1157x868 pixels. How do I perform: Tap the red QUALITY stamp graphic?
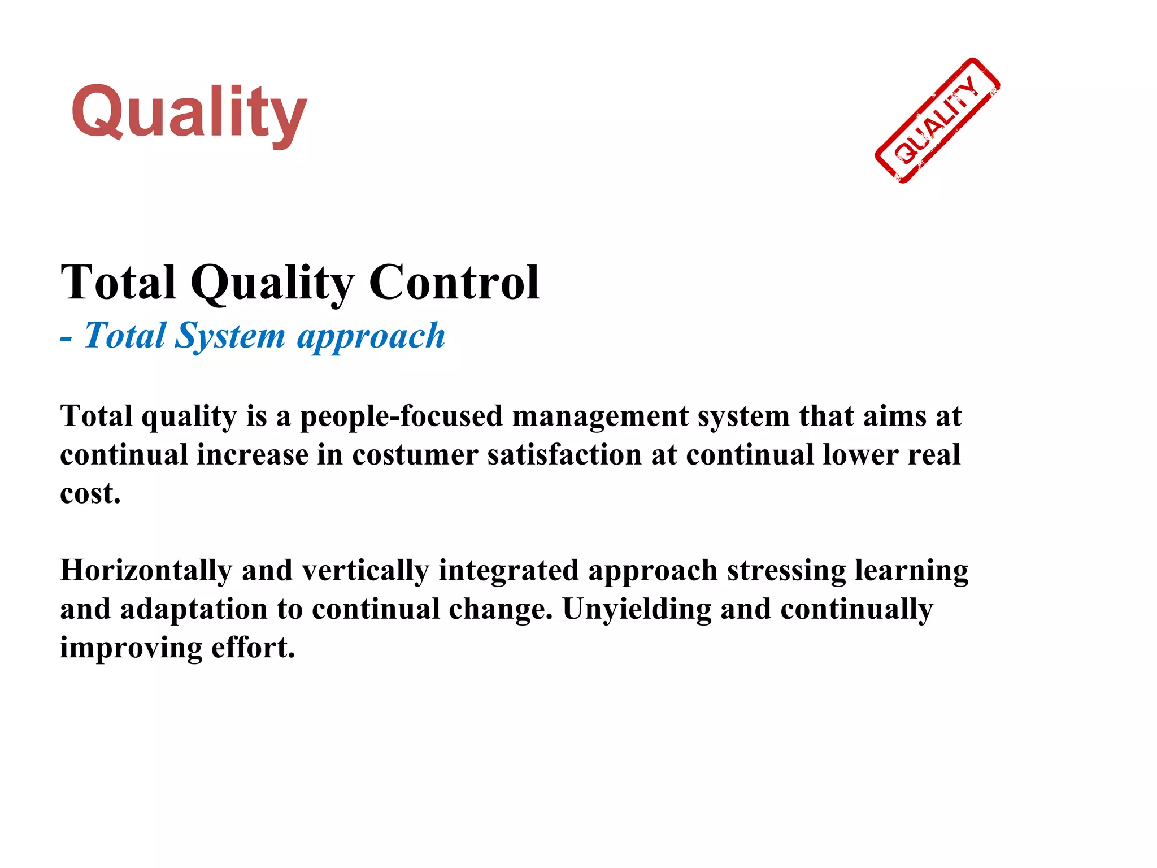point(937,120)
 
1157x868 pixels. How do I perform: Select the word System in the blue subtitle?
point(230,336)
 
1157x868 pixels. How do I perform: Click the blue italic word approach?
point(371,336)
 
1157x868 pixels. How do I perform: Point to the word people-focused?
point(401,416)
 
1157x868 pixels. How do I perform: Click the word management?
point(600,416)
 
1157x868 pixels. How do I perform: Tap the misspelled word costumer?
point(415,455)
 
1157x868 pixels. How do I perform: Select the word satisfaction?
point(564,455)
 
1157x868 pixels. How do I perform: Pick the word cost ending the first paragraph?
point(88,493)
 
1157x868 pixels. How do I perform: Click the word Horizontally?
point(146,570)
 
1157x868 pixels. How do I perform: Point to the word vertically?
point(365,570)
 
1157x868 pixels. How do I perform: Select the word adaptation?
point(194,609)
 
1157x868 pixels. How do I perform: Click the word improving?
point(131,648)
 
